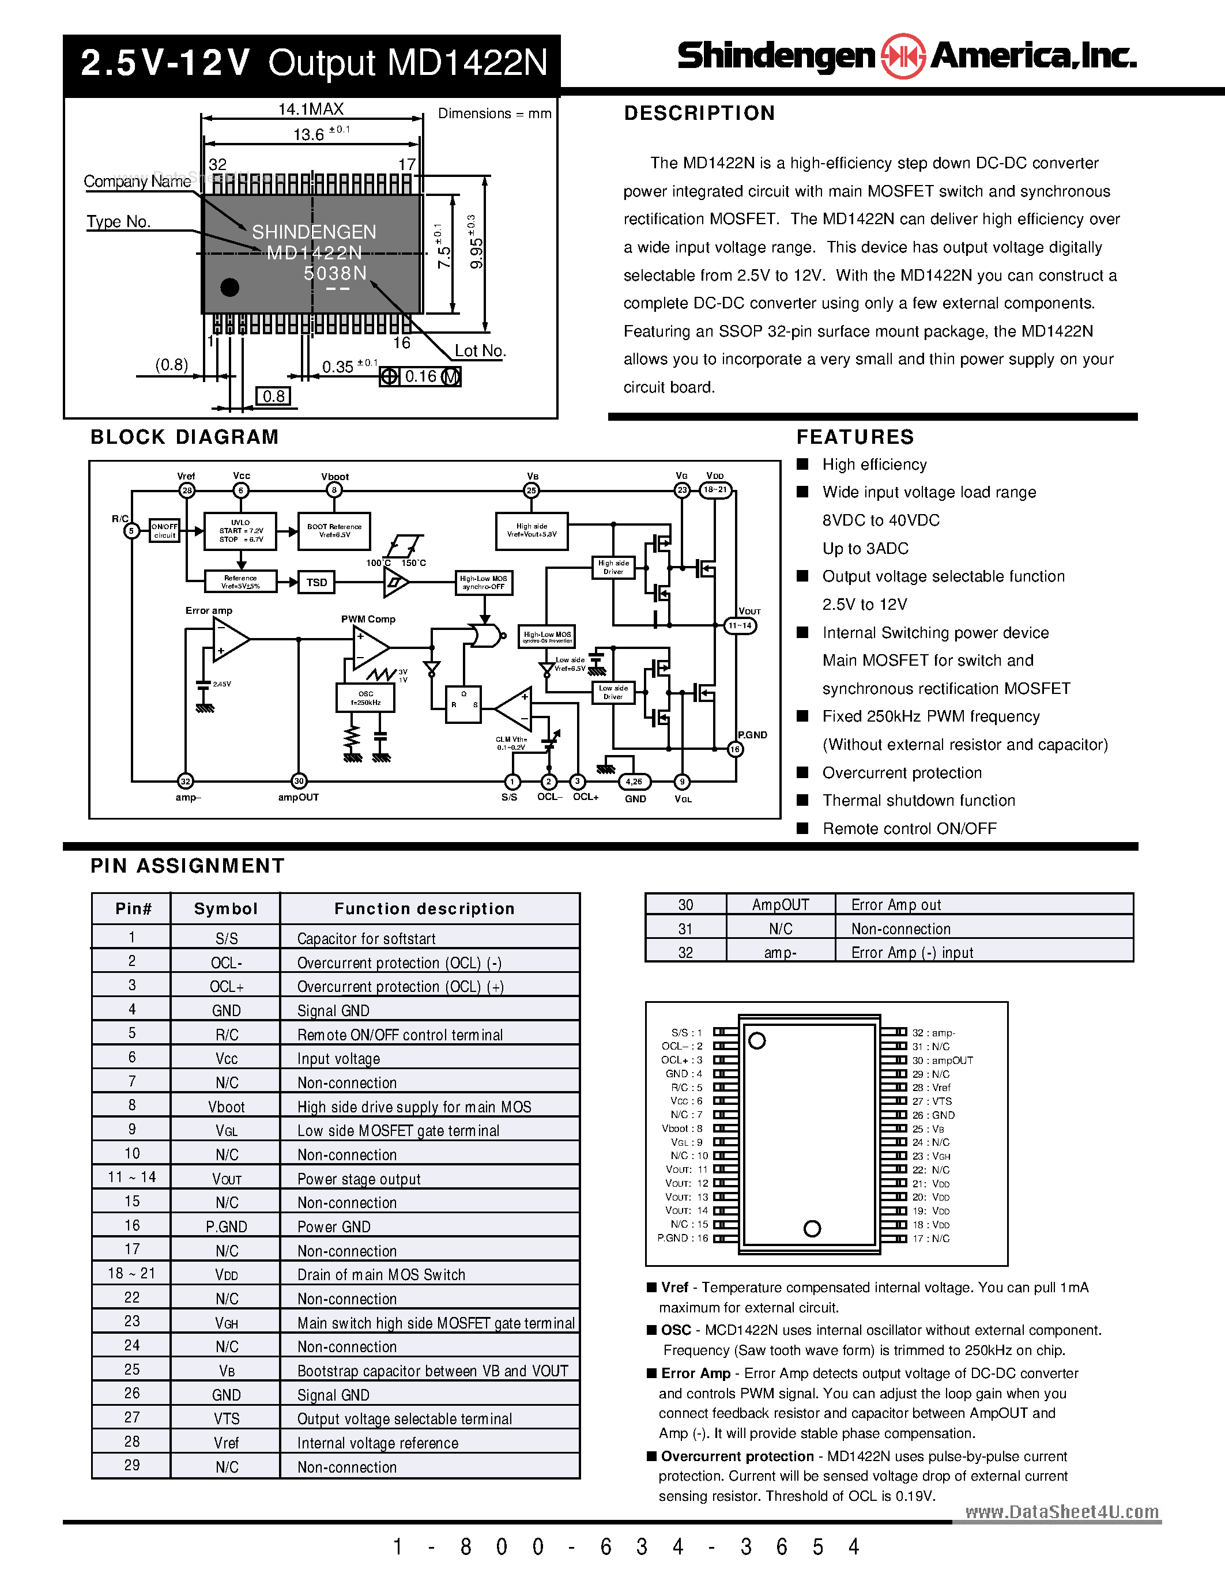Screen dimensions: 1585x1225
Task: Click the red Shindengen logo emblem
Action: [x=902, y=56]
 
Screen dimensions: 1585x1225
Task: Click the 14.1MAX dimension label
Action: [x=311, y=109]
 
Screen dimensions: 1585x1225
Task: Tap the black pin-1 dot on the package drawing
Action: [x=229, y=288]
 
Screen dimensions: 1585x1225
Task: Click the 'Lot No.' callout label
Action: [x=480, y=350]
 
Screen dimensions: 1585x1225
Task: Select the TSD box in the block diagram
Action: [x=316, y=582]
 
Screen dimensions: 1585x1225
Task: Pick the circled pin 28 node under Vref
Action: [x=187, y=490]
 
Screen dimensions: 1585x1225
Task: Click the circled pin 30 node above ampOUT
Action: [x=298, y=781]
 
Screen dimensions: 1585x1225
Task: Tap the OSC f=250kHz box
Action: [x=365, y=697]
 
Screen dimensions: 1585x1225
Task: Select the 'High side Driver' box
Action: [x=613, y=567]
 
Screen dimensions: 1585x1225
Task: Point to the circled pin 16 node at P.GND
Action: [x=735, y=749]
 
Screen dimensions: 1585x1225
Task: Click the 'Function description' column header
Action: [x=424, y=908]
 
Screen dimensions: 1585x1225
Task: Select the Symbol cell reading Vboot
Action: [x=227, y=1107]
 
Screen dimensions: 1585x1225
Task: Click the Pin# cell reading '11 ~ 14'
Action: [x=131, y=1177]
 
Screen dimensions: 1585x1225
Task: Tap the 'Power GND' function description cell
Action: [x=334, y=1227]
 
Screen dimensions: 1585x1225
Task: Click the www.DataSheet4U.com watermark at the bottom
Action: [x=1062, y=1512]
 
